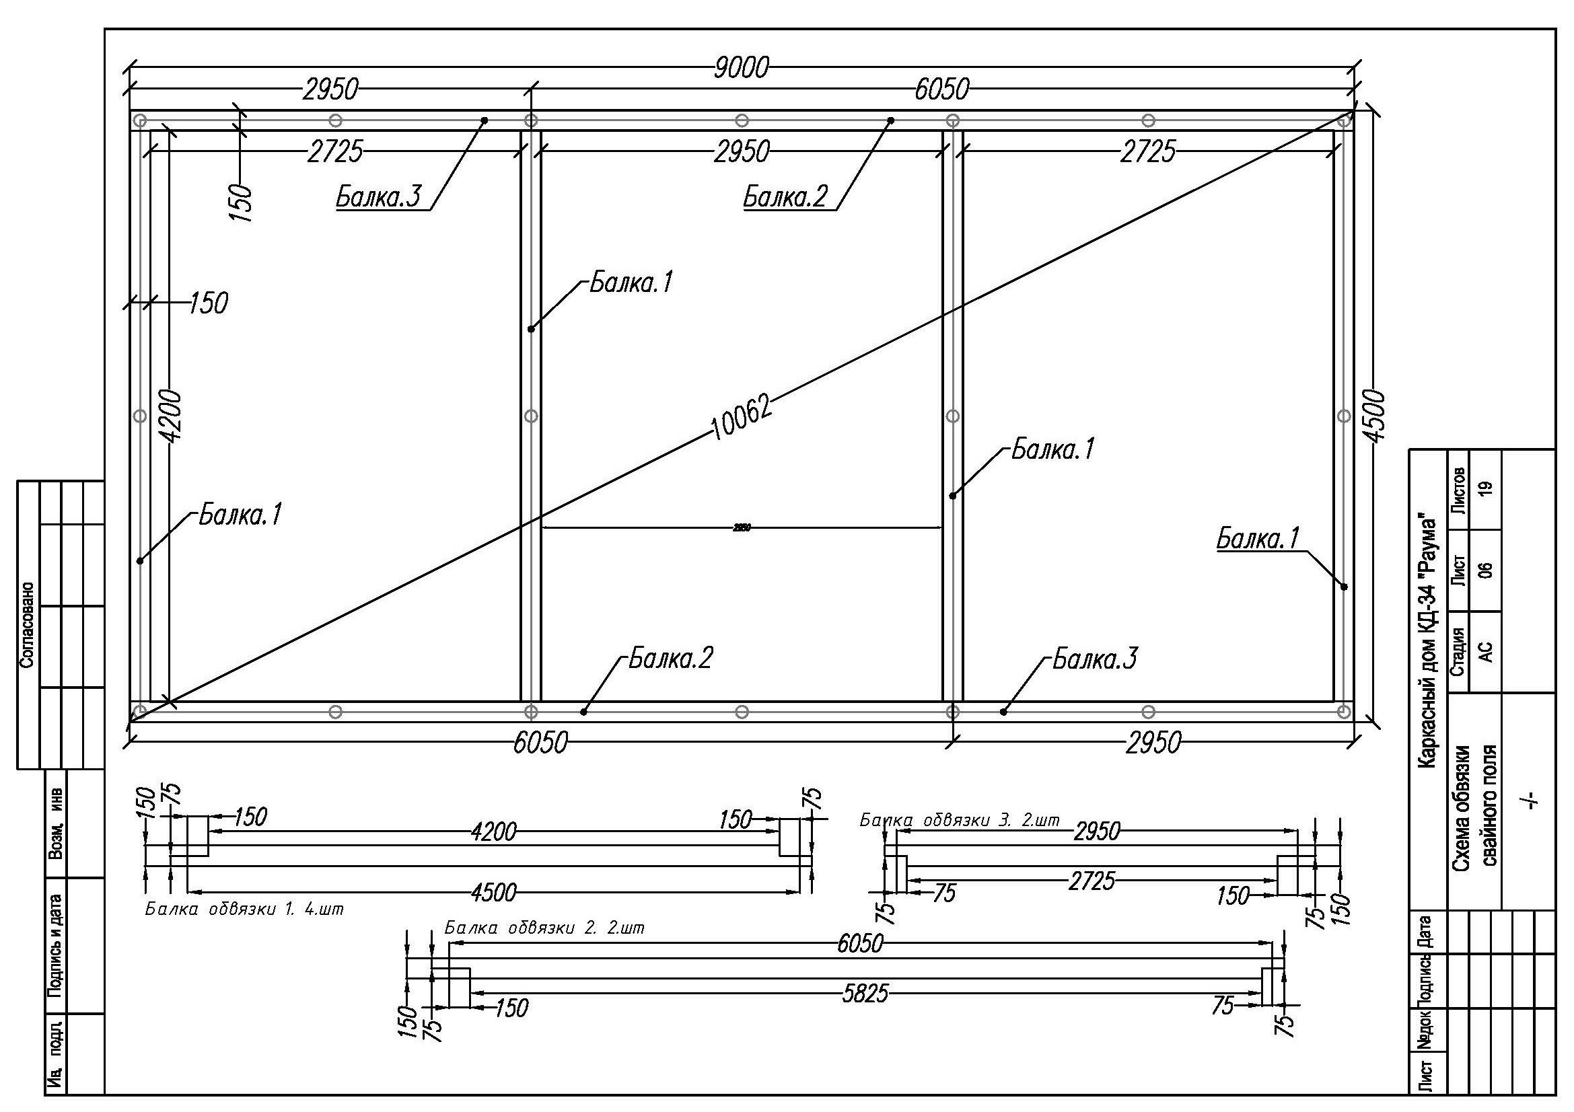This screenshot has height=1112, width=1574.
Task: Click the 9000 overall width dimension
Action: coord(740,68)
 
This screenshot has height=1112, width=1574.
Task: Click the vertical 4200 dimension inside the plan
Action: coord(174,416)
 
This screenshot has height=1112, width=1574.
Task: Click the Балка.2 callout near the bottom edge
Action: coord(671,658)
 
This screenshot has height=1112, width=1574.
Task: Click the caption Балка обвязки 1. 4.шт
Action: coord(244,910)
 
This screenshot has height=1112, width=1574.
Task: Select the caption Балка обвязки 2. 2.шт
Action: coord(544,928)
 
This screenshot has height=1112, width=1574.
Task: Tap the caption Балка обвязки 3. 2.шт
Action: coord(960,820)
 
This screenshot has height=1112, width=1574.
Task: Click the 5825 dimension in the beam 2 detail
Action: coord(865,993)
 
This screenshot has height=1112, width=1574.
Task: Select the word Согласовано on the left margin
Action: coord(28,625)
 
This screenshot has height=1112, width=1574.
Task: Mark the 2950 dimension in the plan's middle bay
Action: coord(741,151)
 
